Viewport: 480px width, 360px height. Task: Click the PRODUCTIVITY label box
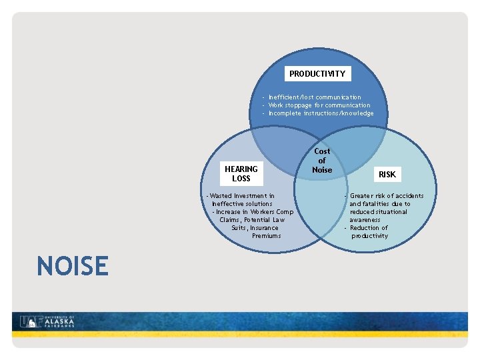click(317, 73)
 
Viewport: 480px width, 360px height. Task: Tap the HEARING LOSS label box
click(241, 174)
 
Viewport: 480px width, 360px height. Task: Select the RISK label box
click(387, 175)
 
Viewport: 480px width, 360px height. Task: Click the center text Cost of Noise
click(322, 161)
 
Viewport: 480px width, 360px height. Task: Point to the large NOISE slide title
click(73, 266)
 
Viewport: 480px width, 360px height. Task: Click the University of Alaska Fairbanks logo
click(47, 321)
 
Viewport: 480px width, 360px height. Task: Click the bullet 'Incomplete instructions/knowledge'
click(321, 113)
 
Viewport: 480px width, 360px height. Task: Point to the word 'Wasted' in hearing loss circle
click(220, 196)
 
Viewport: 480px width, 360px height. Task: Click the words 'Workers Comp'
click(272, 212)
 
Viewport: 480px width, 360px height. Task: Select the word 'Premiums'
click(266, 236)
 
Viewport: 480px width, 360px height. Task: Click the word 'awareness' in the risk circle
click(365, 220)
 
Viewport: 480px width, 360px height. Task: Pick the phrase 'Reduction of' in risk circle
click(369, 228)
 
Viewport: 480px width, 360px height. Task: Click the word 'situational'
click(391, 212)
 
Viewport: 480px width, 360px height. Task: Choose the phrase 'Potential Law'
click(264, 220)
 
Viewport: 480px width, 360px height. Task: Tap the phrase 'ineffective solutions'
click(242, 204)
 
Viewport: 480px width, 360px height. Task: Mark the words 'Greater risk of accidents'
click(387, 196)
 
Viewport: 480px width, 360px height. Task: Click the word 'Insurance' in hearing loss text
click(264, 228)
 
